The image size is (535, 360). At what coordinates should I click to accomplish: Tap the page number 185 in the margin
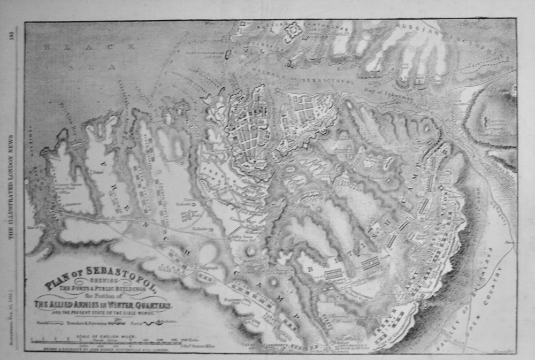11,34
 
